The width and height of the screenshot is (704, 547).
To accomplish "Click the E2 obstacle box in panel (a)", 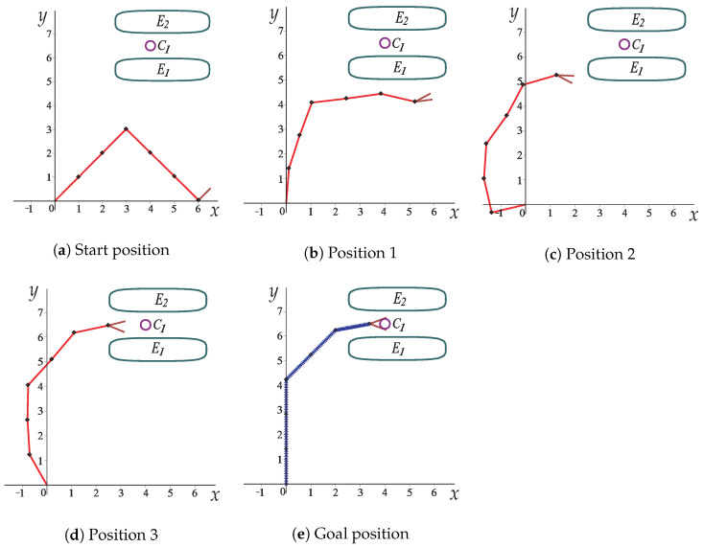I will point(162,21).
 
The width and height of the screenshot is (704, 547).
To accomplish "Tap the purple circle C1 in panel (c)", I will point(624,44).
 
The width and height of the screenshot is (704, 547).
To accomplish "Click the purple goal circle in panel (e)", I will point(385,324).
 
